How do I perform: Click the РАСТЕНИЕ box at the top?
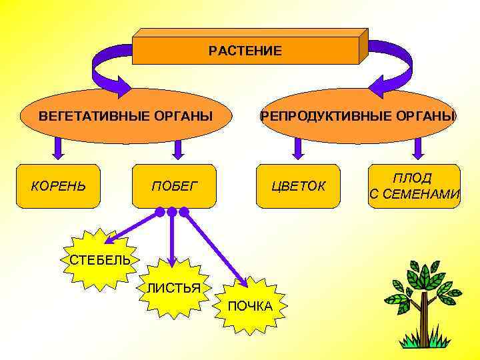tap(245, 51)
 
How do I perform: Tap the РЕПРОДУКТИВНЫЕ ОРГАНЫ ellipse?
tap(358, 116)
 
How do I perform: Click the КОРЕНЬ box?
tap(59, 185)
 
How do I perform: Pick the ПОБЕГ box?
tap(175, 185)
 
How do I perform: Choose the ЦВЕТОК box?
tap(299, 185)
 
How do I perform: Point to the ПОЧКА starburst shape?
tap(250, 305)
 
